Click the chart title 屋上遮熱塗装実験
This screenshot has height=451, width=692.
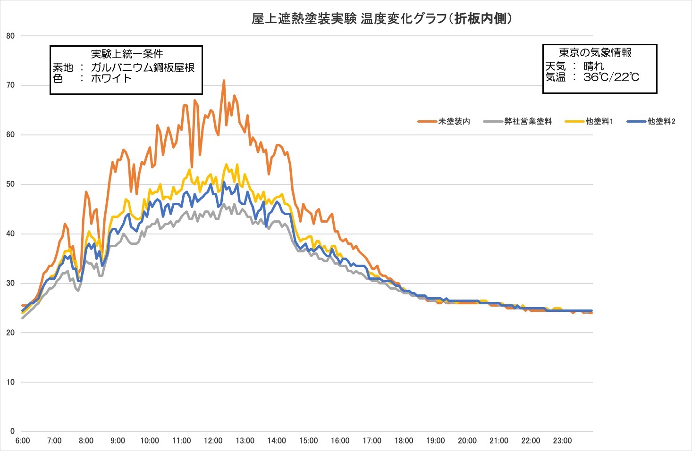click(304, 19)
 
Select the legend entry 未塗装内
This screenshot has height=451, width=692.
click(454, 121)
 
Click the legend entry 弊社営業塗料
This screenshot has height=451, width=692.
click(528, 121)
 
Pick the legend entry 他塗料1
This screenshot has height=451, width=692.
click(599, 121)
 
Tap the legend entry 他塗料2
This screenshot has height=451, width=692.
click(661, 121)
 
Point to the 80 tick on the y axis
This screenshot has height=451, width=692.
click(10, 36)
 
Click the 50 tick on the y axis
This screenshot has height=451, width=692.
click(10, 184)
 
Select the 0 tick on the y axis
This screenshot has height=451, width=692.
click(12, 431)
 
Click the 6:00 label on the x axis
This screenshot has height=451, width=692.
click(23, 441)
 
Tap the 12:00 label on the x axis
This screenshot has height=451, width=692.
click(213, 441)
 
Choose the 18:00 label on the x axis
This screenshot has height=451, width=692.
click(404, 441)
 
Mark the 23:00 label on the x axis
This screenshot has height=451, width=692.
click(562, 441)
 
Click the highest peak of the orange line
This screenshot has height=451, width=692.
click(224, 80)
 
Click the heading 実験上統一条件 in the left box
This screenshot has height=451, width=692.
click(127, 54)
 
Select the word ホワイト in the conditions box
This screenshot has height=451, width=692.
click(111, 78)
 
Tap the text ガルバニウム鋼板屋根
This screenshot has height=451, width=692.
click(143, 67)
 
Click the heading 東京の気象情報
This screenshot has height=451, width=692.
click(595, 53)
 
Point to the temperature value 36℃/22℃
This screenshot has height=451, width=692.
click(611, 77)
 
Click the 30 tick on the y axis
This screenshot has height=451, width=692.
click(10, 283)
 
